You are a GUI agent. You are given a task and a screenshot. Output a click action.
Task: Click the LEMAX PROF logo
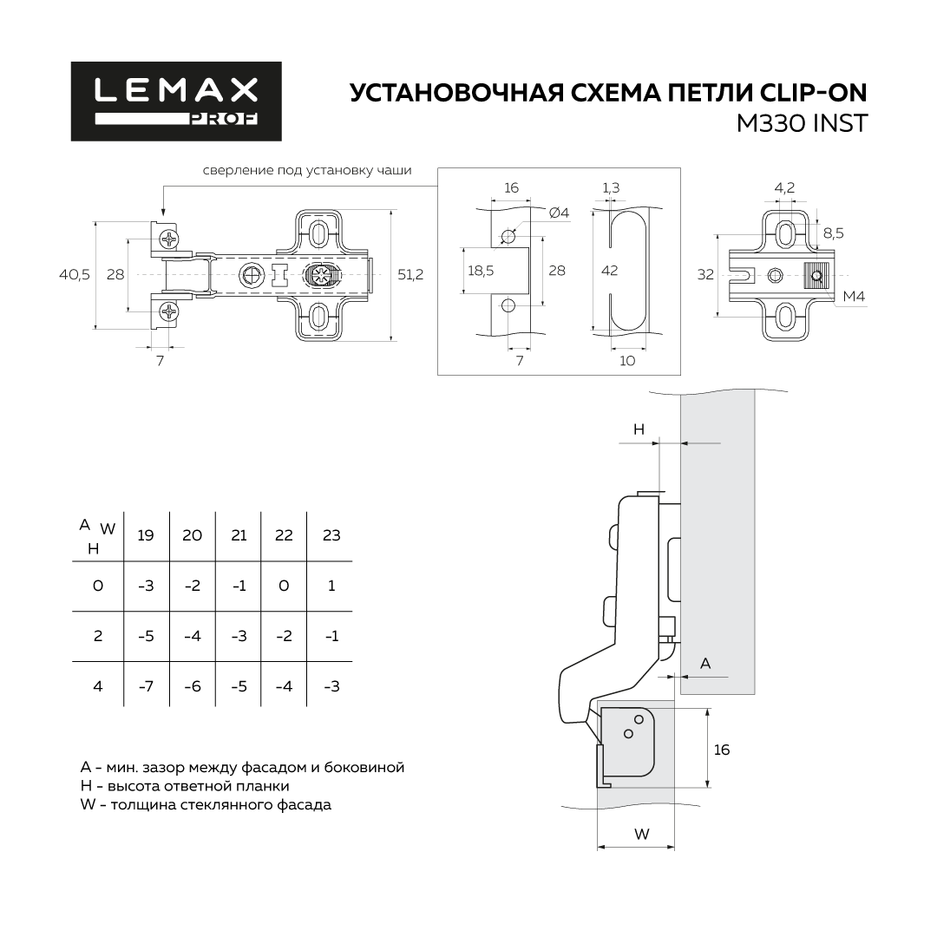coord(176,101)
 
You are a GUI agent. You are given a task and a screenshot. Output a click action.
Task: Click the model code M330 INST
coord(802,124)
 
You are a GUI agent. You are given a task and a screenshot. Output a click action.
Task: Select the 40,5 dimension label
coord(75,274)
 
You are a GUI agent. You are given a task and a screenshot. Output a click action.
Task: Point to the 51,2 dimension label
coord(410,274)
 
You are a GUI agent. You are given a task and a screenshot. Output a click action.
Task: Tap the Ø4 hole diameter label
coord(559,213)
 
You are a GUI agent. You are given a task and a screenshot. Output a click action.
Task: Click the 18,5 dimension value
coord(481,271)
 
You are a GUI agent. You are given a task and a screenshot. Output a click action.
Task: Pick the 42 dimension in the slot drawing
coord(610,271)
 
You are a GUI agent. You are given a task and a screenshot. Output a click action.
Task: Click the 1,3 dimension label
coord(611,187)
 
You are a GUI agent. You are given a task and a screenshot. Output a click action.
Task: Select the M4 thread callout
coord(854,297)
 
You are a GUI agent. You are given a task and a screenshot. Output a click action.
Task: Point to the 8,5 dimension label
coord(834,233)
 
